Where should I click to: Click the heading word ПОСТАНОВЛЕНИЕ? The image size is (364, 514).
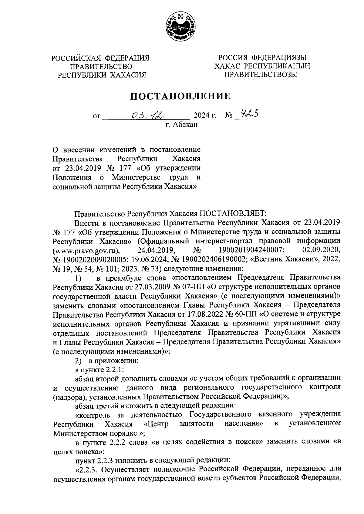click(181, 96)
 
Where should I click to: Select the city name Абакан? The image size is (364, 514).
click(185, 124)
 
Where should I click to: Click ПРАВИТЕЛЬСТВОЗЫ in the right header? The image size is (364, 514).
click(261, 74)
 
